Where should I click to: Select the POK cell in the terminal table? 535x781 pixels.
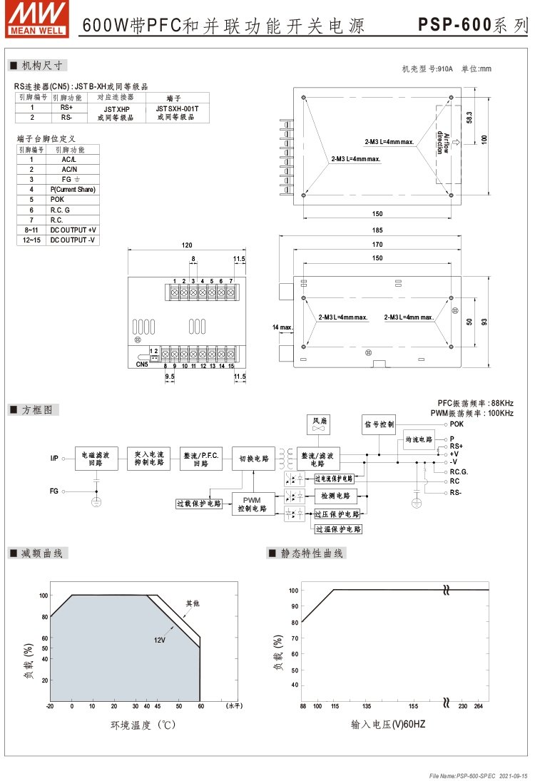(73, 200)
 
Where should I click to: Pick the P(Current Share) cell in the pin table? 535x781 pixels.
(73, 190)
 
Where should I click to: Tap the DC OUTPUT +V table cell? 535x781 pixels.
(73, 230)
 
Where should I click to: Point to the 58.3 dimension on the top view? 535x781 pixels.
(469, 118)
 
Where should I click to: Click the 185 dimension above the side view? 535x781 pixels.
(377, 230)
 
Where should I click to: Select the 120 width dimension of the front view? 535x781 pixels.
(187, 245)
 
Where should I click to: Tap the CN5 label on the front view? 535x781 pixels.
(141, 364)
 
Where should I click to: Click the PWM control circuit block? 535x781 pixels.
(253, 504)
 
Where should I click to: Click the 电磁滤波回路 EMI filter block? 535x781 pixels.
(96, 458)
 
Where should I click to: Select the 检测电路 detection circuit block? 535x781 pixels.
(336, 495)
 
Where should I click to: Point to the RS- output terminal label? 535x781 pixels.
(456, 492)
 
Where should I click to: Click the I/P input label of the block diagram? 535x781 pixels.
(54, 458)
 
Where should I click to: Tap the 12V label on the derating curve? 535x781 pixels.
(159, 640)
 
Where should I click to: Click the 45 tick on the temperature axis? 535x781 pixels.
(157, 705)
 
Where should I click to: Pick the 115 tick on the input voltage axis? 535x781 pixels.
(334, 705)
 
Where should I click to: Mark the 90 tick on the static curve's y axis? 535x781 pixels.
(293, 606)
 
